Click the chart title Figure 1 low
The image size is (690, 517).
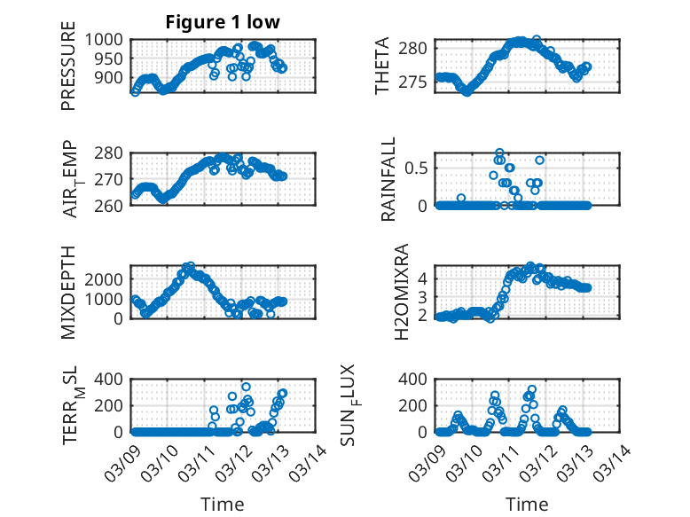point(223,23)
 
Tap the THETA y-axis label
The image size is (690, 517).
point(382,65)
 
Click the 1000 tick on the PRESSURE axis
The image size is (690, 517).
point(108,40)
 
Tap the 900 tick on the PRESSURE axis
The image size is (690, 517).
point(113,77)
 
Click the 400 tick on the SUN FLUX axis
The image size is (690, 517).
point(417,379)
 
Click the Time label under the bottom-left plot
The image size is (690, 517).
point(223,504)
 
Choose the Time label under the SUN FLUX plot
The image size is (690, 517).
point(528,504)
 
